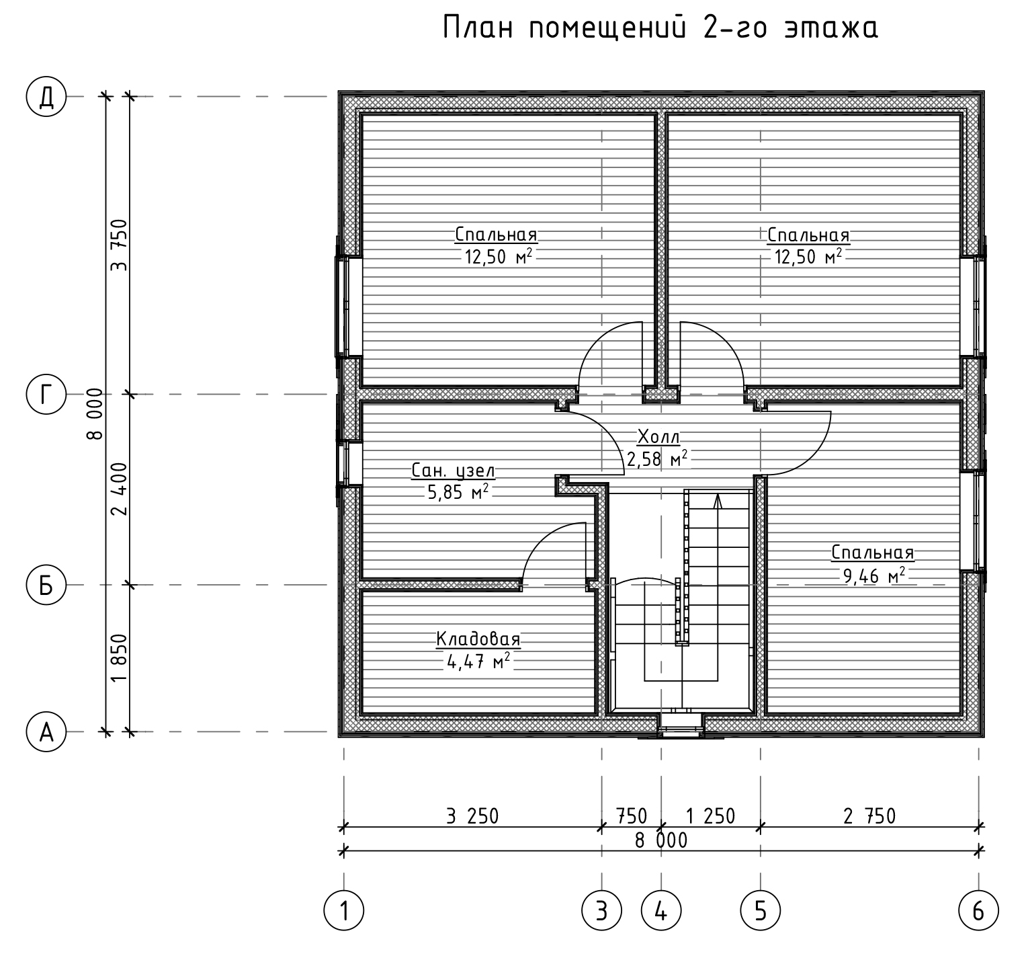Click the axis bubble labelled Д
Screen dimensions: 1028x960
pos(46,97)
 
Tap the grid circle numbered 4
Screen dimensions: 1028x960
pos(662,912)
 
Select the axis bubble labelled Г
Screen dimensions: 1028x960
pos(46,395)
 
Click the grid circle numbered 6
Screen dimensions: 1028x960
pos(978,912)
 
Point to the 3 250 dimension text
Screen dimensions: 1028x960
pos(472,816)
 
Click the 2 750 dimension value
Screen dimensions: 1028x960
pos(869,816)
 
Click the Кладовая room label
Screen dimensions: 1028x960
pos(478,639)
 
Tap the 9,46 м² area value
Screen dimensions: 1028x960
pos(874,575)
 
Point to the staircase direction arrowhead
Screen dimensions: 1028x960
pos(718,501)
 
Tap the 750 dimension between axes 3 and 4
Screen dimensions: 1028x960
pos(632,816)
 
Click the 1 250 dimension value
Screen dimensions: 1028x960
pos(710,816)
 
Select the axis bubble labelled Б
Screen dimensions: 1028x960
pos(46,585)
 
